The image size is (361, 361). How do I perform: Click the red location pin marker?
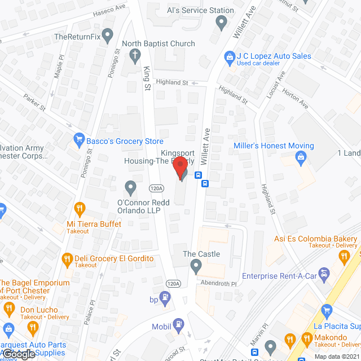pos(180,168)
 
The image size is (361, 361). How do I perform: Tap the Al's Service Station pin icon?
pos(221,23)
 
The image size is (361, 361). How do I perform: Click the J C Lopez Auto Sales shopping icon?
pos(230,56)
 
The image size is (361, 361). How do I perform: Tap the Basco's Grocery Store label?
pos(125,141)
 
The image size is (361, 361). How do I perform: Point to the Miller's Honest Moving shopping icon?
pos(301,157)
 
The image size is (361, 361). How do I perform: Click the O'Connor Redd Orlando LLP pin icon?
pos(130,186)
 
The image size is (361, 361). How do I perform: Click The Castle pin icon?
pos(196,265)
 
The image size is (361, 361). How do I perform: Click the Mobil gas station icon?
pos(179,324)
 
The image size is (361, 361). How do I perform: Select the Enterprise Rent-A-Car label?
pos(276,276)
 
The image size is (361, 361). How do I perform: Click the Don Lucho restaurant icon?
pos(8,309)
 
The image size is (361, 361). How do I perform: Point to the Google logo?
pos(18,354)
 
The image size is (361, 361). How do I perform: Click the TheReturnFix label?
pos(77,37)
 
